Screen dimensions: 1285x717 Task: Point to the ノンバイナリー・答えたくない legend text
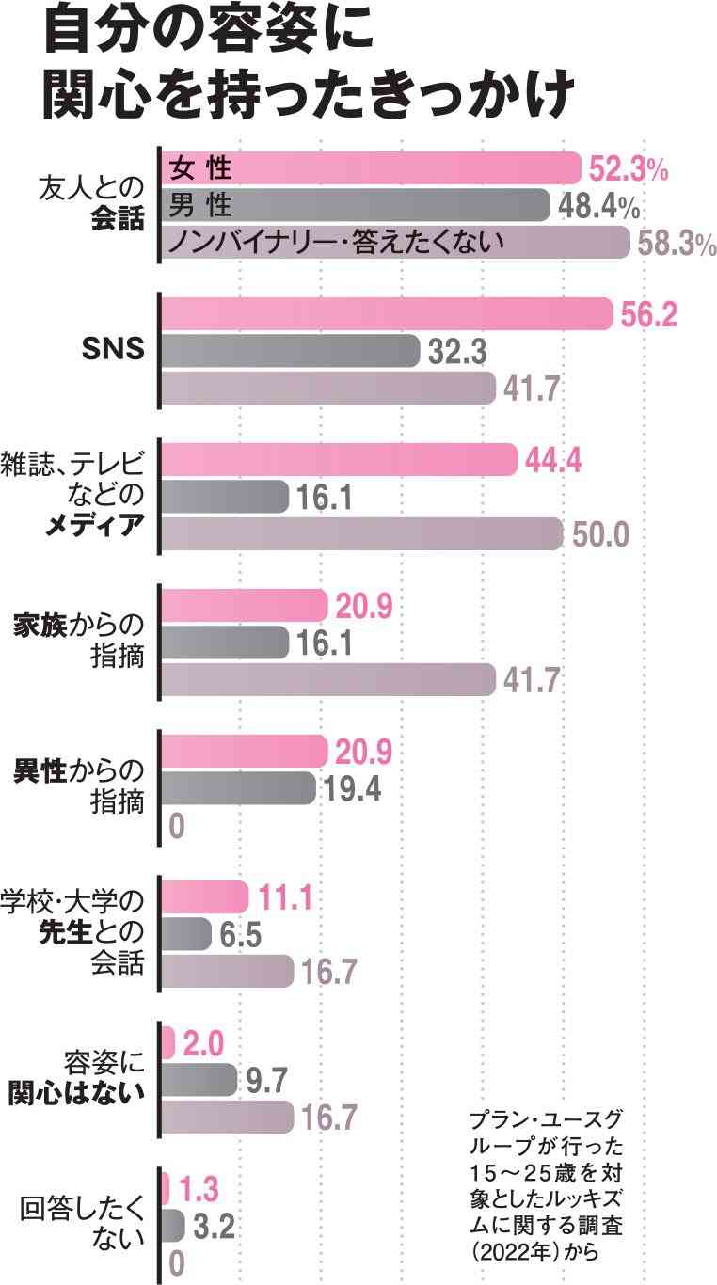coord(335,242)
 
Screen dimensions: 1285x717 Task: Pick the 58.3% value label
coord(677,244)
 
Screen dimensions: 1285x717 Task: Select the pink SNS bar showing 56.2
coord(386,314)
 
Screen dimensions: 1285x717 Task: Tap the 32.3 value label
coord(457,352)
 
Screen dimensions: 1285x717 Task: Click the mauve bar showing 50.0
coord(362,533)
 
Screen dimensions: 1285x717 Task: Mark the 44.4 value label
coord(554,461)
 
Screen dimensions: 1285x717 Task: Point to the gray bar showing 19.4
coord(239,788)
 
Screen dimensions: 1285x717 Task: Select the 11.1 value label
coord(285,898)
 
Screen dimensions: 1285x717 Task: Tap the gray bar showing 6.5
coord(186,934)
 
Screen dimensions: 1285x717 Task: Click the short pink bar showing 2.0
coord(168,1043)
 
